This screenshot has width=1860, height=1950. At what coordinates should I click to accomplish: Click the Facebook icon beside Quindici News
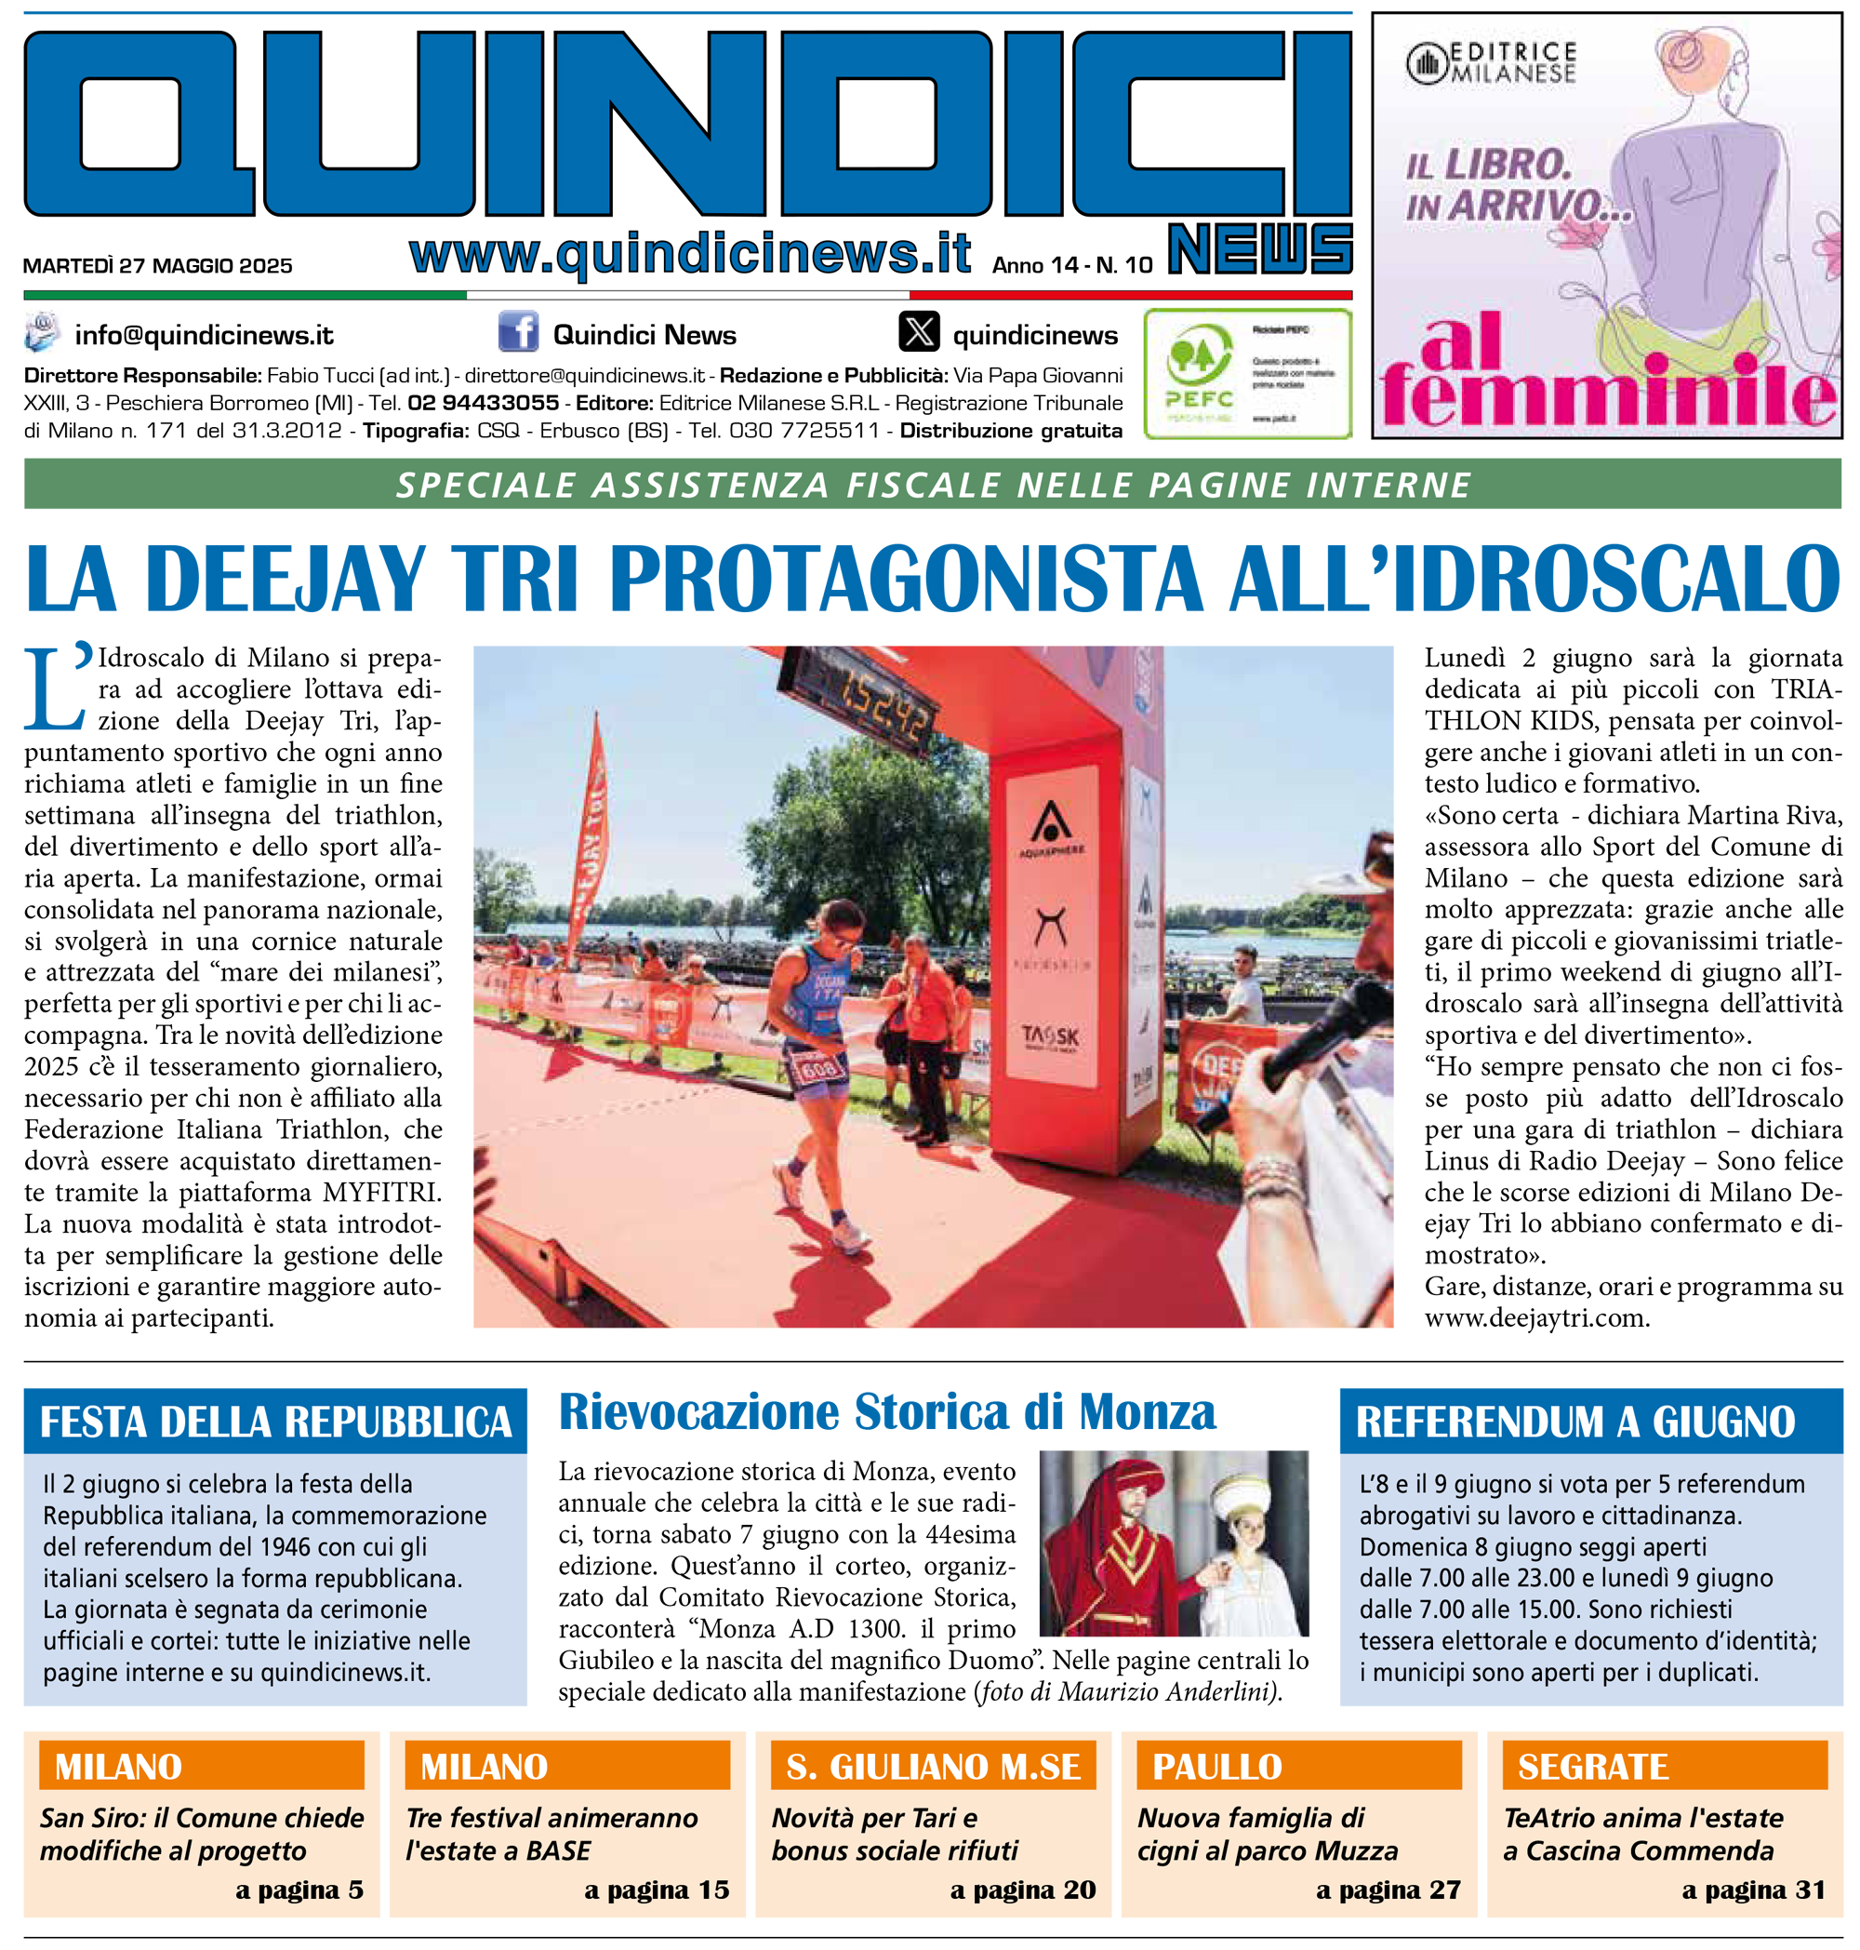pyautogui.click(x=518, y=332)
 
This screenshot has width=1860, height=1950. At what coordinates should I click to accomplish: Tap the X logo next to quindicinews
pyautogui.click(x=918, y=332)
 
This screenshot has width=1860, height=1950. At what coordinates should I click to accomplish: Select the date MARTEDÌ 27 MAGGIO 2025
pyautogui.click(x=158, y=266)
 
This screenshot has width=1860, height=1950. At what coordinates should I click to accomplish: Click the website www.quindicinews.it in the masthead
pyautogui.click(x=690, y=253)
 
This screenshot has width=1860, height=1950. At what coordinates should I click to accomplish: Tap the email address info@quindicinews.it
pyautogui.click(x=205, y=335)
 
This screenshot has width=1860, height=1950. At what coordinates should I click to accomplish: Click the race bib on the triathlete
pyautogui.click(x=820, y=1067)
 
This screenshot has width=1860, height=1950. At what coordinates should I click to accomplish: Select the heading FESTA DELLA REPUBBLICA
pyautogui.click(x=275, y=1422)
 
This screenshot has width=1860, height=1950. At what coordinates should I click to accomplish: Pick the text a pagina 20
pyautogui.click(x=1022, y=1890)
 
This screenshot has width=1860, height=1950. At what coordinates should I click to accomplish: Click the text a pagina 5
pyautogui.click(x=299, y=1890)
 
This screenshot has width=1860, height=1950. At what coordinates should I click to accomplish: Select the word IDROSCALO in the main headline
pyautogui.click(x=1616, y=580)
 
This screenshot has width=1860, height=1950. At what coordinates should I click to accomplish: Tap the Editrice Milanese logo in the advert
pyautogui.click(x=1491, y=62)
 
